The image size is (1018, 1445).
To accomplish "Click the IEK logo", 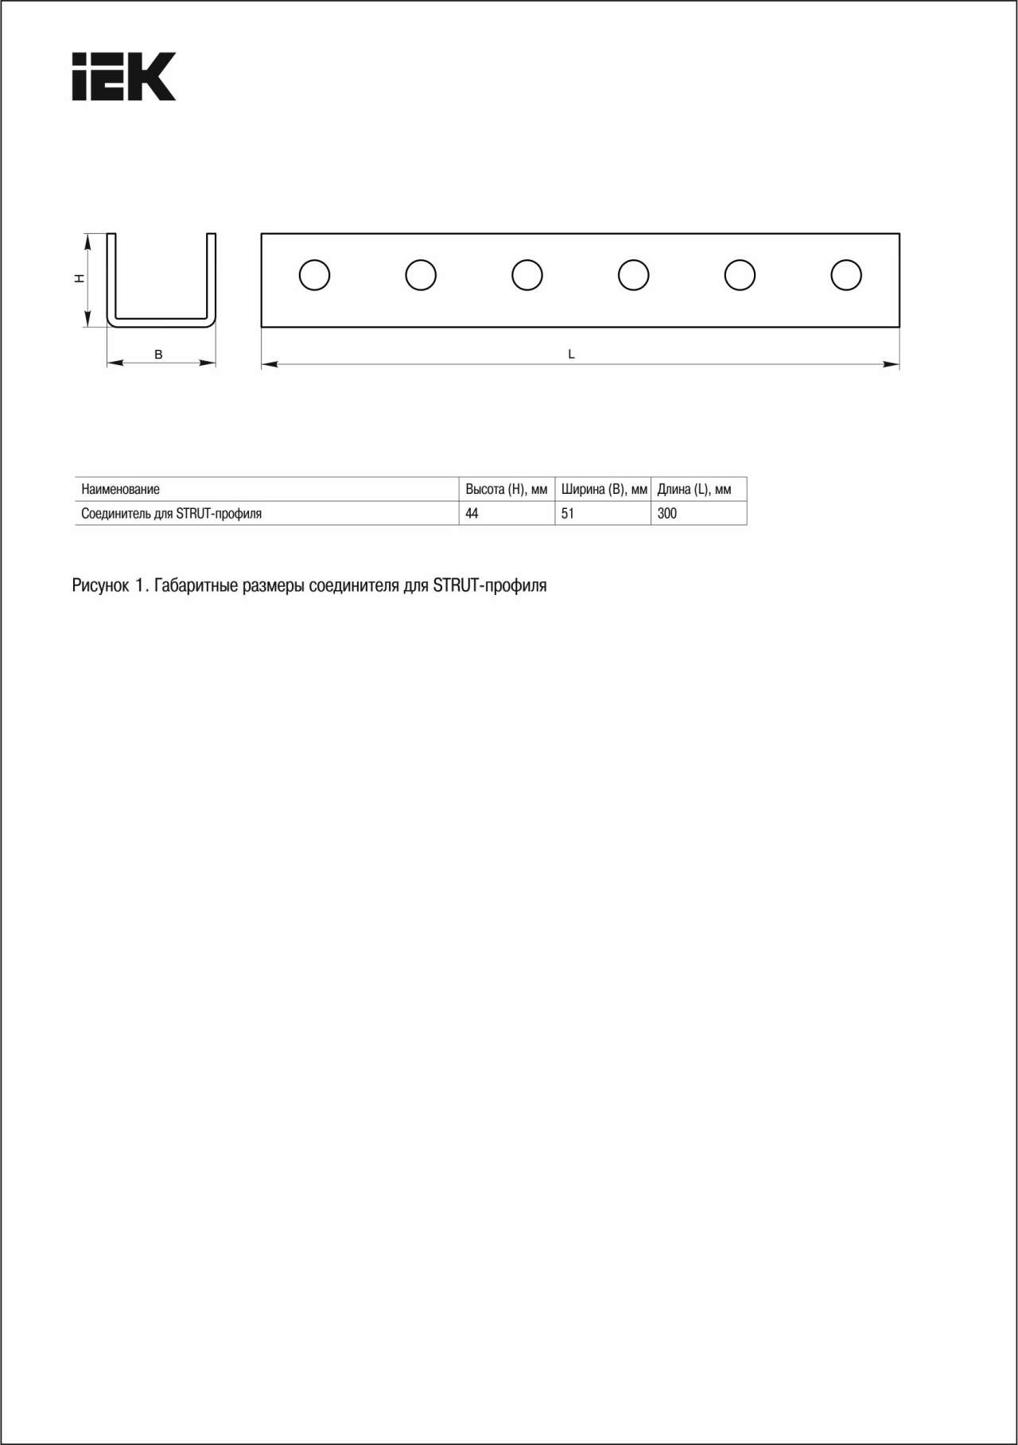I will click(x=123, y=76).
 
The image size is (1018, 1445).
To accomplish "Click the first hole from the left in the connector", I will click(x=314, y=275).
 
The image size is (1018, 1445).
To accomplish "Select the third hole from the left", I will click(x=527, y=275).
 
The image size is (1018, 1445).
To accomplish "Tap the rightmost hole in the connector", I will click(x=846, y=275).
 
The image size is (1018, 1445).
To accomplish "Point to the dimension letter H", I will click(x=79, y=278).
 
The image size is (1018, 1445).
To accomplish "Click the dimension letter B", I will click(x=158, y=355).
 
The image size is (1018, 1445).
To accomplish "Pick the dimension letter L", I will click(x=571, y=354).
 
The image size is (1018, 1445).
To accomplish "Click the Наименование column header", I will click(x=120, y=489).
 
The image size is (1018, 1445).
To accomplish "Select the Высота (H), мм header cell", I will click(x=506, y=489).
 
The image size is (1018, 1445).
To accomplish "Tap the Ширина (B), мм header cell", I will click(x=604, y=489).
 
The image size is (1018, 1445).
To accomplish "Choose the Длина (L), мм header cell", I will click(x=694, y=489).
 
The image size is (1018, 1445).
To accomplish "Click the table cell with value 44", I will click(x=472, y=514).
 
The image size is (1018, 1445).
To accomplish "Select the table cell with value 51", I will click(x=567, y=514).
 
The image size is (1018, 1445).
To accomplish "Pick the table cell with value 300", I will click(x=666, y=514).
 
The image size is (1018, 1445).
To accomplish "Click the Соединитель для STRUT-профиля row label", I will click(x=171, y=514).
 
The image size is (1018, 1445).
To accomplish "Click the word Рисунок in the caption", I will click(x=100, y=586).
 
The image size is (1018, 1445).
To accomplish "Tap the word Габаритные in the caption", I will click(x=196, y=586).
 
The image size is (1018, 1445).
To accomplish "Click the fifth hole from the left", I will click(x=740, y=275).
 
